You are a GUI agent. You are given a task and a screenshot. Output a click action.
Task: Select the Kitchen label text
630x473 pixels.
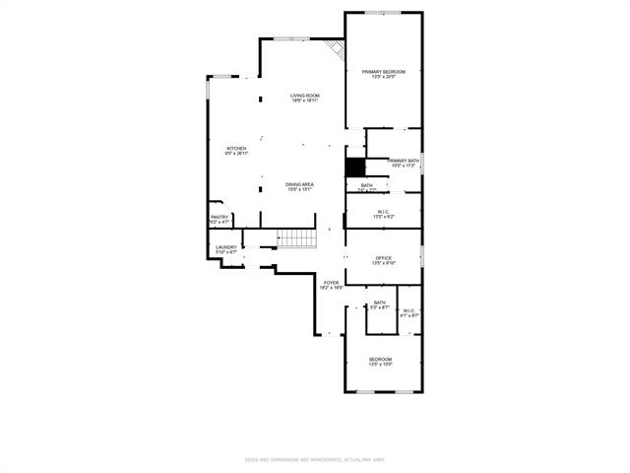coord(236,150)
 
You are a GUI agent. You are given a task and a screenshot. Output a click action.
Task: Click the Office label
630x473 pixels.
coord(383,260)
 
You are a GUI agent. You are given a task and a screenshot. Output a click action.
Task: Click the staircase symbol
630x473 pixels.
coord(294,238)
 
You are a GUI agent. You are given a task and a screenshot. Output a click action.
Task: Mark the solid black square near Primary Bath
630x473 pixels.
coord(355,168)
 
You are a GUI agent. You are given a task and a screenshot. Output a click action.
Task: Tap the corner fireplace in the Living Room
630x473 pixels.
coord(336,48)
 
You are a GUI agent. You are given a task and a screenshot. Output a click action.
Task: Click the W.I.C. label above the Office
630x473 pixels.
coord(383,212)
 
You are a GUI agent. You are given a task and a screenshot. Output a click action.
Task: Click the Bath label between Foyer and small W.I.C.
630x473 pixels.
coord(379,304)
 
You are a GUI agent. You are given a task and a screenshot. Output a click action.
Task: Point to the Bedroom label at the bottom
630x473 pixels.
coord(381,361)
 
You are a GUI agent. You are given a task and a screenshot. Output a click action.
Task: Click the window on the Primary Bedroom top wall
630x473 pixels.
coord(383,13)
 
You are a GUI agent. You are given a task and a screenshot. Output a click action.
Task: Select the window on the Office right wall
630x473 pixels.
coord(422,259)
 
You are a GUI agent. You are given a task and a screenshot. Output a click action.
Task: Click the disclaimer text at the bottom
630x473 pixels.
coord(314,458)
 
